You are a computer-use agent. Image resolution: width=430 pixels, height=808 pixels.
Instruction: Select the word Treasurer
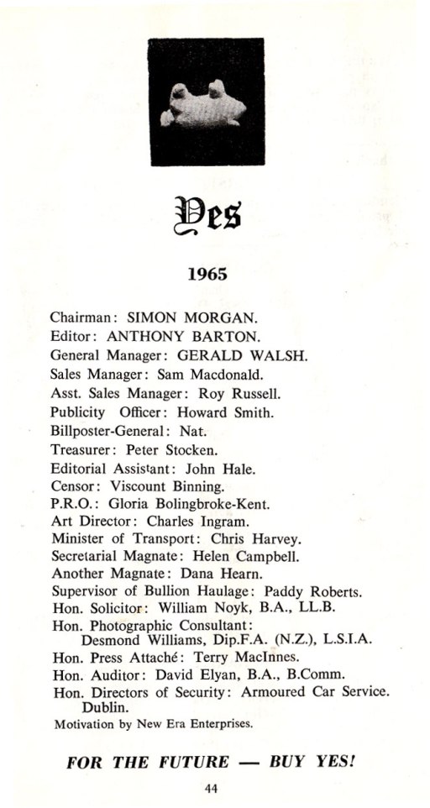tap(76, 449)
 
